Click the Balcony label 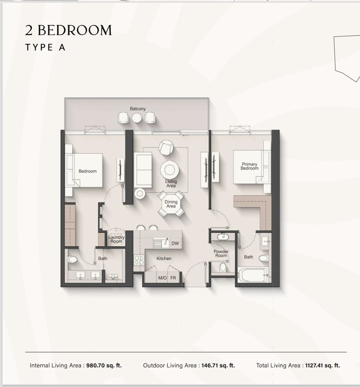(x=138, y=109)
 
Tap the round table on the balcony (x=137, y=118)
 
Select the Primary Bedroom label (x=249, y=166)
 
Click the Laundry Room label (x=116, y=239)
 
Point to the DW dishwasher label (x=175, y=243)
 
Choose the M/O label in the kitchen (x=162, y=278)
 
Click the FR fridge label (x=173, y=278)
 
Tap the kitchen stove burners (x=139, y=260)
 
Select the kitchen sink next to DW (x=161, y=243)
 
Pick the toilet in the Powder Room (x=223, y=267)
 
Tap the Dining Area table (x=171, y=204)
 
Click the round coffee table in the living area (x=169, y=170)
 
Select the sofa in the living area (x=143, y=170)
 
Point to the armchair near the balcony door (x=166, y=147)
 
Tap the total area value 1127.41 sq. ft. (x=322, y=366)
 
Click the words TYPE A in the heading (x=45, y=47)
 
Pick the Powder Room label (x=221, y=253)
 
